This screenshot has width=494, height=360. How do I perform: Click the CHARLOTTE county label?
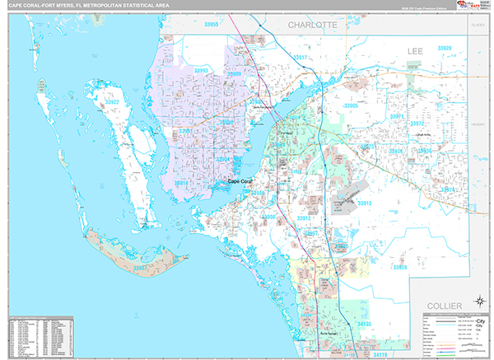click(312, 26)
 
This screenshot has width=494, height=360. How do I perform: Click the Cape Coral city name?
click(242, 181)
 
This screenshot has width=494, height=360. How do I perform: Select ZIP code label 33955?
click(212, 26)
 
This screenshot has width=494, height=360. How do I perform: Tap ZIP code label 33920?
click(444, 49)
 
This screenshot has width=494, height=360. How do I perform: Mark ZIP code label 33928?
click(400, 267)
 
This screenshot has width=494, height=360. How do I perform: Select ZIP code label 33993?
click(202, 71)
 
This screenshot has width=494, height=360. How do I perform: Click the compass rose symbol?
click(479, 302)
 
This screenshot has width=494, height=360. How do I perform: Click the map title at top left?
click(82, 7)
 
